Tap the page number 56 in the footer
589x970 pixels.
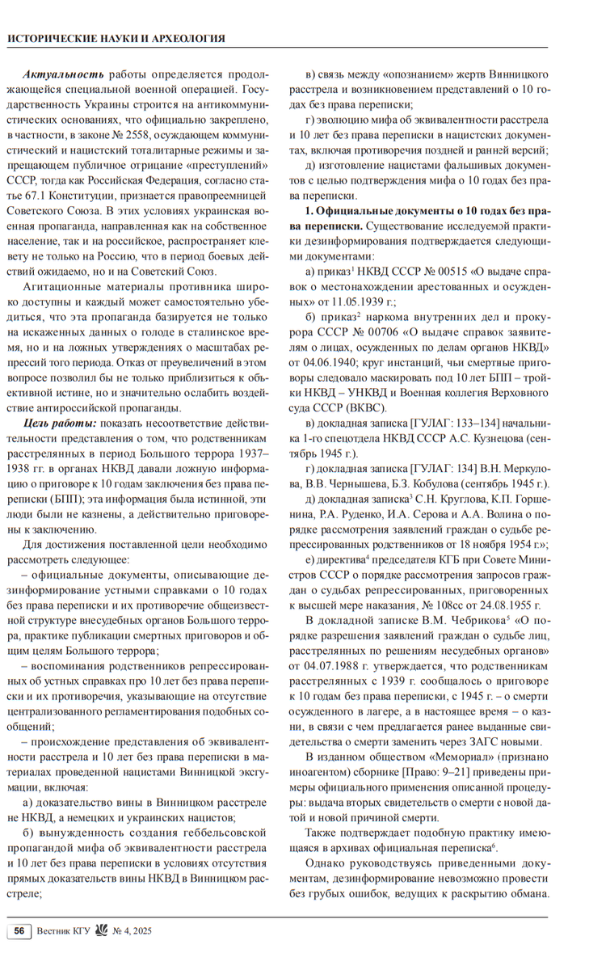click(x=19, y=931)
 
